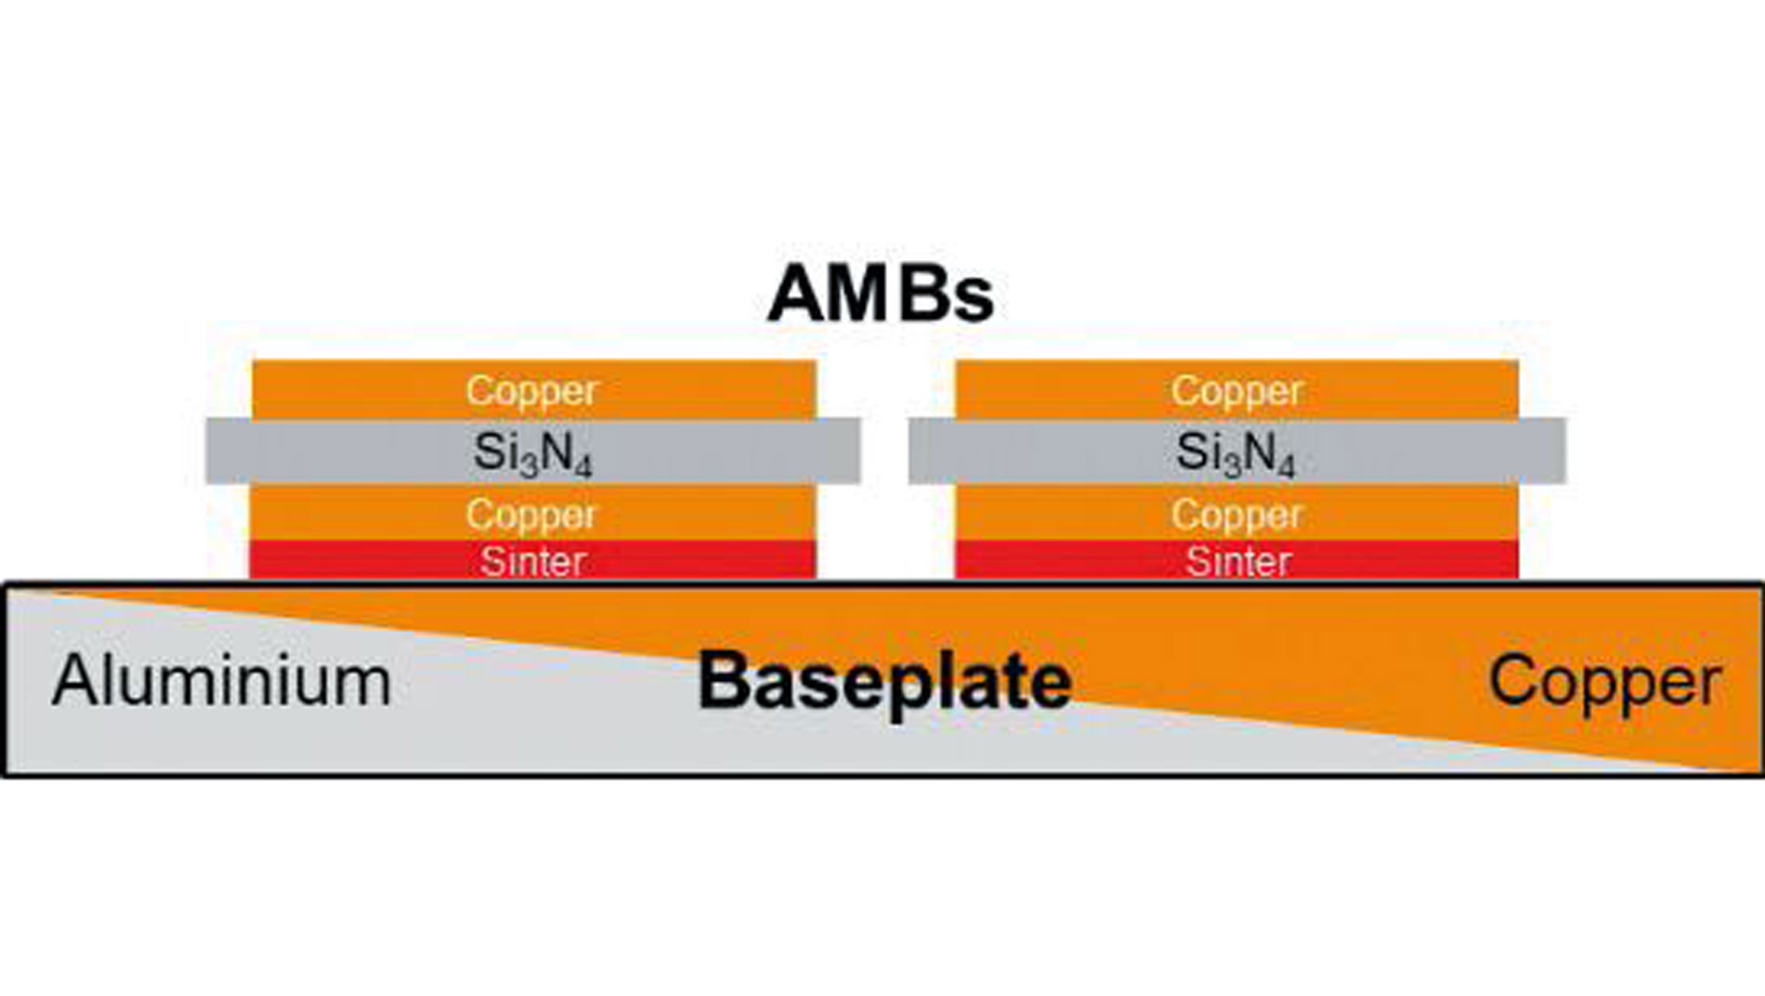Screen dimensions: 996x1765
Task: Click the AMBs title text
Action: [x=880, y=295]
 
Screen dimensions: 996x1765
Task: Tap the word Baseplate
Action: [x=884, y=681]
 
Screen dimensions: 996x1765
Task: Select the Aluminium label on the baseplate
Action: [x=221, y=681]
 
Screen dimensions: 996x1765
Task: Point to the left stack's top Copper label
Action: [x=532, y=391]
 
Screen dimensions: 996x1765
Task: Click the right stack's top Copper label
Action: [x=1236, y=391]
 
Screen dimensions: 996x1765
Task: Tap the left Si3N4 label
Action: [x=532, y=453]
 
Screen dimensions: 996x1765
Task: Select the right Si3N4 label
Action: [x=1235, y=453]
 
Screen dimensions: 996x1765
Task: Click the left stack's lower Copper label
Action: [x=532, y=514]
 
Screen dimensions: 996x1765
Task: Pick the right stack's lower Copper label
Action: [x=1236, y=514]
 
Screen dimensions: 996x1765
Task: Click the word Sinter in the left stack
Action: [x=532, y=561]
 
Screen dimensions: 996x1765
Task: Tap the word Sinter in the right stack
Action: [x=1238, y=561]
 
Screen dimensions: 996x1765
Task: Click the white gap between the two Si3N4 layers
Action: [x=884, y=452]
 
